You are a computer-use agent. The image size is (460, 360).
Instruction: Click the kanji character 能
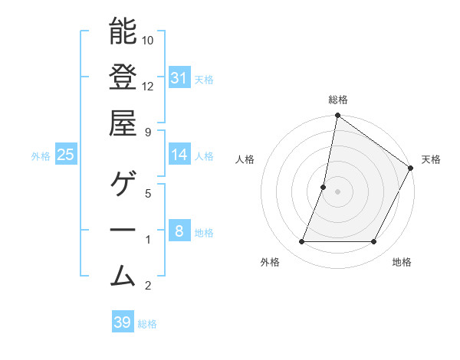click(123, 31)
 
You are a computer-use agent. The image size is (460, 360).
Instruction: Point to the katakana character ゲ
click(123, 185)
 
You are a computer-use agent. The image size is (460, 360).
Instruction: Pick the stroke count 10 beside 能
click(148, 39)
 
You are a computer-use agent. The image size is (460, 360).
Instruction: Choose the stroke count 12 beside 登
click(148, 86)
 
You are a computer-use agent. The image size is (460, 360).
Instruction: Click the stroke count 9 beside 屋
click(148, 133)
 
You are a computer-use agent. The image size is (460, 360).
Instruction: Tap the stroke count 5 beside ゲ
click(148, 193)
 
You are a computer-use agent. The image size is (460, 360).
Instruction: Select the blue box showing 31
click(179, 78)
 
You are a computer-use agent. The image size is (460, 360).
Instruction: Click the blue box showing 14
click(179, 155)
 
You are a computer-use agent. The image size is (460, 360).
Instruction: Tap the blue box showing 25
click(65, 155)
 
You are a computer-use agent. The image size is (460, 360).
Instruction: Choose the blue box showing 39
click(123, 322)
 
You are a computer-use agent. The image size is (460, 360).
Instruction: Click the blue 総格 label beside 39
click(147, 324)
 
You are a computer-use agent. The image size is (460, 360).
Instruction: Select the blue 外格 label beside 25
click(41, 156)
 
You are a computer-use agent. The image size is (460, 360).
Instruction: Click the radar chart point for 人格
click(324, 187)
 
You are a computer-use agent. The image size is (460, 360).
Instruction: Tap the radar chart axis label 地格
click(402, 262)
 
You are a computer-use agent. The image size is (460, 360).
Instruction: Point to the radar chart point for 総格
click(337, 116)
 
